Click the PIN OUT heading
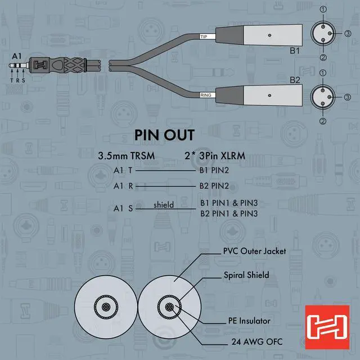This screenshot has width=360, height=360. click(164, 135)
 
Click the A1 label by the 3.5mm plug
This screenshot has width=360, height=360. click(16, 56)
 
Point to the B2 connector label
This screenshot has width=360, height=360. click(294, 80)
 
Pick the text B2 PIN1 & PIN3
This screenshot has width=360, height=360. click(229, 214)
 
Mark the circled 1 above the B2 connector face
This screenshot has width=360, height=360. click(322, 73)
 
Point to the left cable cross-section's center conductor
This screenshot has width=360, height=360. click(103, 309)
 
